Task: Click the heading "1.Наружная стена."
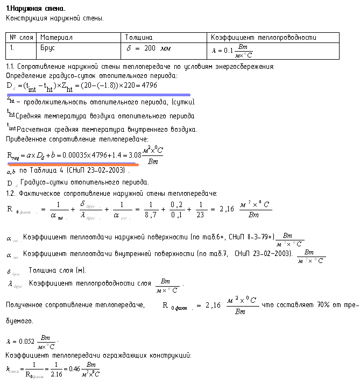coord(35,9)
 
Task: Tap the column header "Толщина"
coord(138,38)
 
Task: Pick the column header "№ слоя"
coord(22,38)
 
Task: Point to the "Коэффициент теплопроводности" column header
coord(264,38)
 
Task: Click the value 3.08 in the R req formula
coord(132,155)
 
